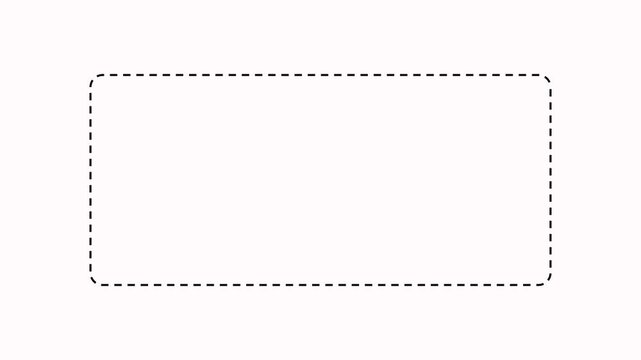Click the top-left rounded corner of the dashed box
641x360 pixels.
click(x=94, y=79)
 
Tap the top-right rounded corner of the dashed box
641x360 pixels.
click(x=547, y=79)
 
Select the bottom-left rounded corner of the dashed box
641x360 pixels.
click(x=94, y=281)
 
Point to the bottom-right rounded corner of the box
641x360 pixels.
click(x=547, y=281)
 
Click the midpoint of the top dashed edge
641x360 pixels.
click(x=320, y=75)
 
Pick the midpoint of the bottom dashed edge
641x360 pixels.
click(x=320, y=285)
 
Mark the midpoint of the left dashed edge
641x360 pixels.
click(x=90, y=180)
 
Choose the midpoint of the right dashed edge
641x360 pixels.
click(x=551, y=180)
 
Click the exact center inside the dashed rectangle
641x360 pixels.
click(x=320, y=180)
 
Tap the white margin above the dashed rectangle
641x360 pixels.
click(x=320, y=35)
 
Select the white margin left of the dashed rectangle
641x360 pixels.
click(x=45, y=180)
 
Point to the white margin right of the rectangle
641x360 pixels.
click(x=596, y=180)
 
